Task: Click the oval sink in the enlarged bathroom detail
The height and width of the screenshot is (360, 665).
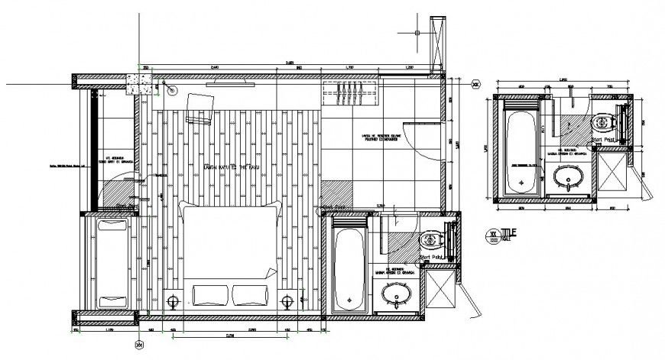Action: coord(569,177)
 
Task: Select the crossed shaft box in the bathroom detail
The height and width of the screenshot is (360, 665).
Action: coord(611,176)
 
